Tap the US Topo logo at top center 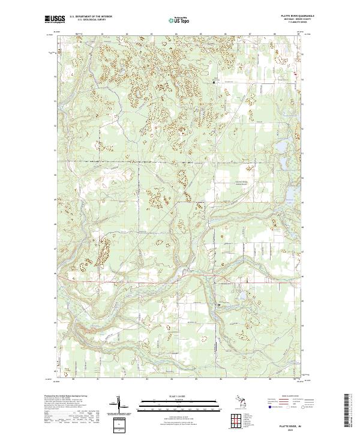(179, 20)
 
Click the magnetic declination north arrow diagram (118, 405)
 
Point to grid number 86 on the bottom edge (220, 379)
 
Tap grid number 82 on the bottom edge (122, 379)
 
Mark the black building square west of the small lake (220, 306)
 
